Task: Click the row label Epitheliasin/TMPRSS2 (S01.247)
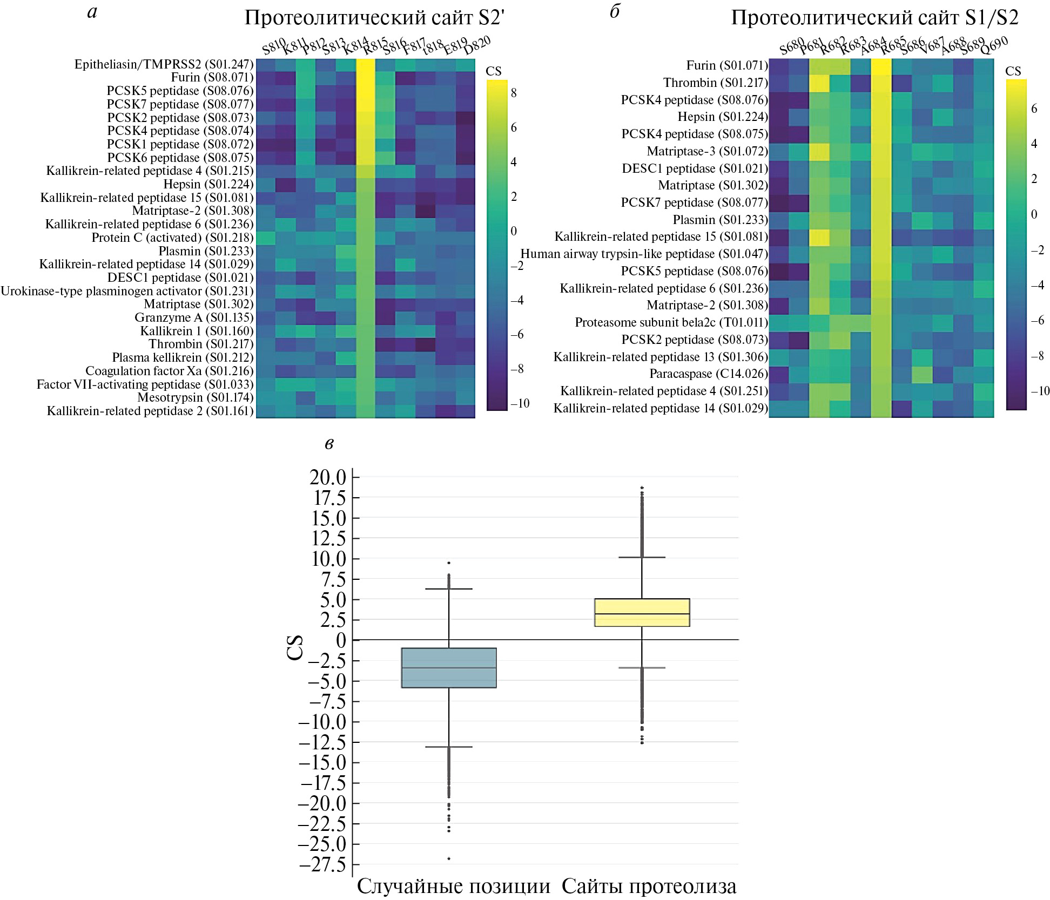coord(164,64)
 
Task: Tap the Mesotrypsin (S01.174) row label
coord(195,397)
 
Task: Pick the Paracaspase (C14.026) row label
coord(708,374)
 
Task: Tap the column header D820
coord(477,45)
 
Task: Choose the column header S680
coord(792,46)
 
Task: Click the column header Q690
coord(994,45)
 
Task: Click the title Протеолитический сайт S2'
coord(374,18)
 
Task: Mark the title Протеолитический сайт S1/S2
coord(874,18)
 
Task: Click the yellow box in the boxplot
coord(642,612)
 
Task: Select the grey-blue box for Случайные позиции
coord(449,667)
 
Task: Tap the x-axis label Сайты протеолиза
coord(649,886)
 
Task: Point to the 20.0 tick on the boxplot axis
coord(327,477)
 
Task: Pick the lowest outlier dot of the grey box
coord(449,858)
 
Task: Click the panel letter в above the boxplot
coord(329,444)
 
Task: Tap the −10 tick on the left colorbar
coord(520,403)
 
